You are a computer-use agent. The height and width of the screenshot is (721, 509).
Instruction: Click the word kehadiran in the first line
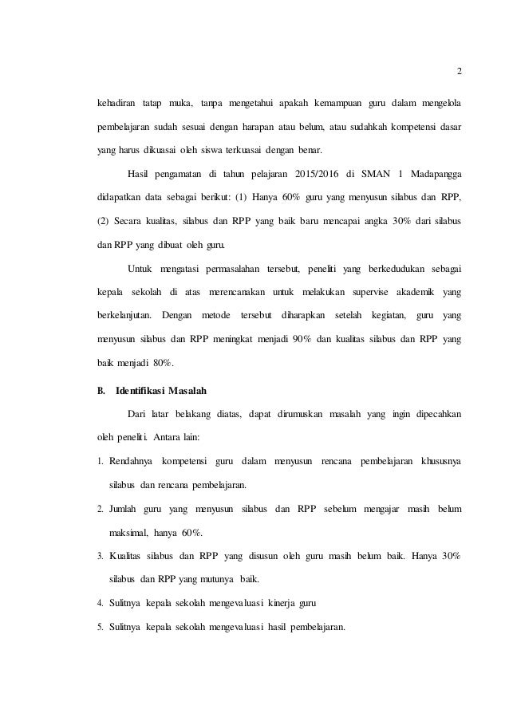[x=111, y=104]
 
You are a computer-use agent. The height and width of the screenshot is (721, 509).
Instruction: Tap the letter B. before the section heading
[x=101, y=392]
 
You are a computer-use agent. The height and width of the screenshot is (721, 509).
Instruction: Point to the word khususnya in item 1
[x=438, y=461]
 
